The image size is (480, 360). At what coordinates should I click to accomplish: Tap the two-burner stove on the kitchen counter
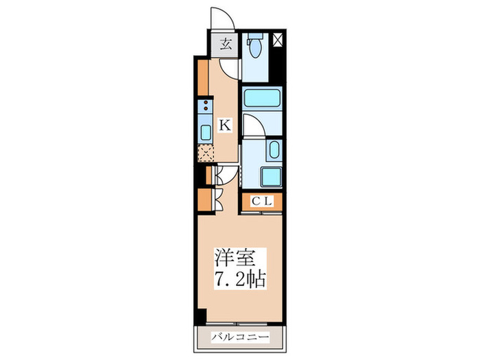pos(204,106)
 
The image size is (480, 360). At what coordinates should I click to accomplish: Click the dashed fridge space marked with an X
pos(205,153)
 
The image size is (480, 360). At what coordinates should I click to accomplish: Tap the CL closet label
pos(262,202)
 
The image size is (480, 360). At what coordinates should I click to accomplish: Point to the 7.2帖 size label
pos(238,280)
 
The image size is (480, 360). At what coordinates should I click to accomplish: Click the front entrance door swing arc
pos(222,19)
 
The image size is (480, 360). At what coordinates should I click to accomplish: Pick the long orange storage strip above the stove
pos(204,79)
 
